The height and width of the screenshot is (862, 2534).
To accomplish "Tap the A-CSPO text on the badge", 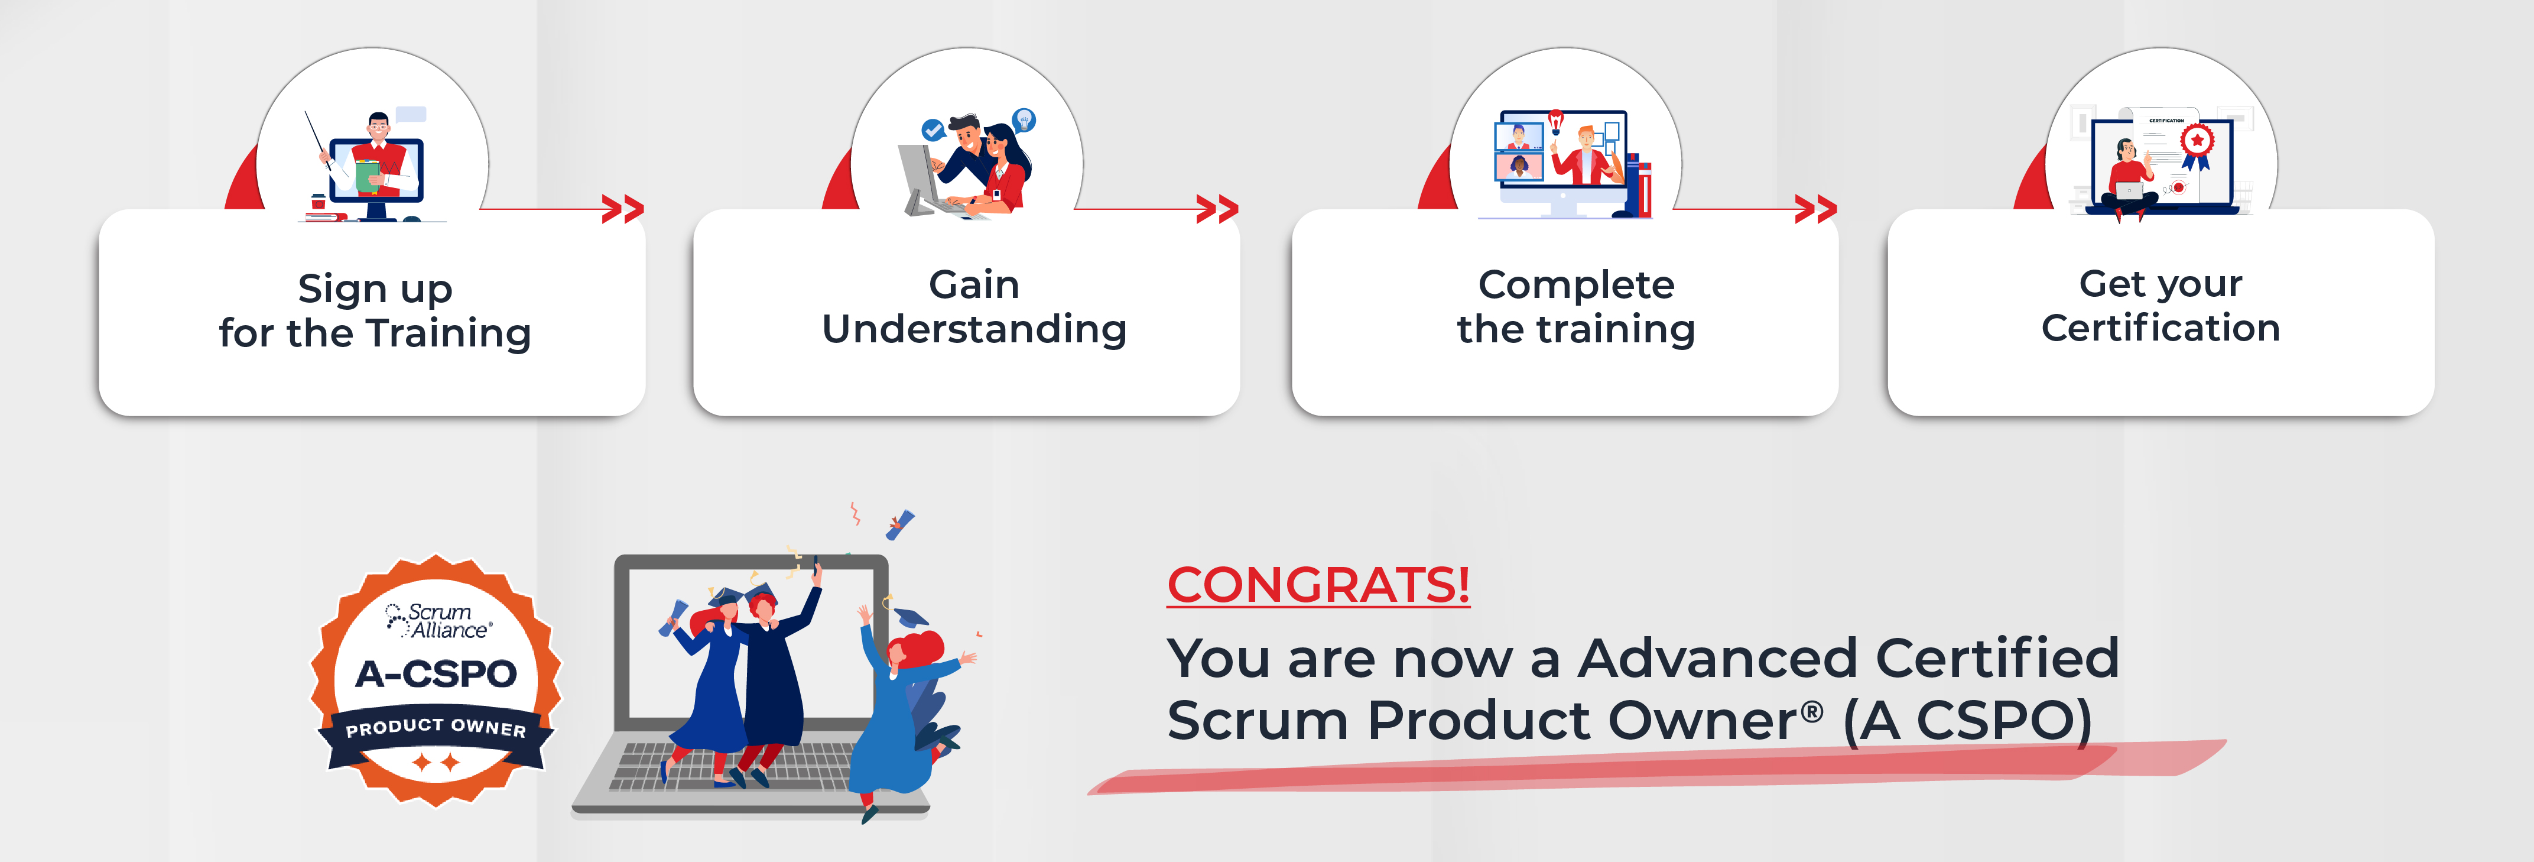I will click(x=436, y=674).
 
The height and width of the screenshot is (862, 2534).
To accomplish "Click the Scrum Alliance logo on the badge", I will click(x=438, y=621).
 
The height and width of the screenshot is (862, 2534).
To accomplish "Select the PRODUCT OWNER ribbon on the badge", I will click(x=436, y=728).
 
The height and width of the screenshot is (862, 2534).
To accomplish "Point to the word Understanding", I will click(x=974, y=329).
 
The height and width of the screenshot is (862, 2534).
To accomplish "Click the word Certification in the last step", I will click(x=2160, y=328).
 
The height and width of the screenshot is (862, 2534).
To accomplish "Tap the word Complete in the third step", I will click(x=1576, y=286).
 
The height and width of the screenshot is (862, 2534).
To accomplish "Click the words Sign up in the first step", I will click(x=375, y=289).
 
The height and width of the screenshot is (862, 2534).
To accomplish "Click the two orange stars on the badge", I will click(x=436, y=761).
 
